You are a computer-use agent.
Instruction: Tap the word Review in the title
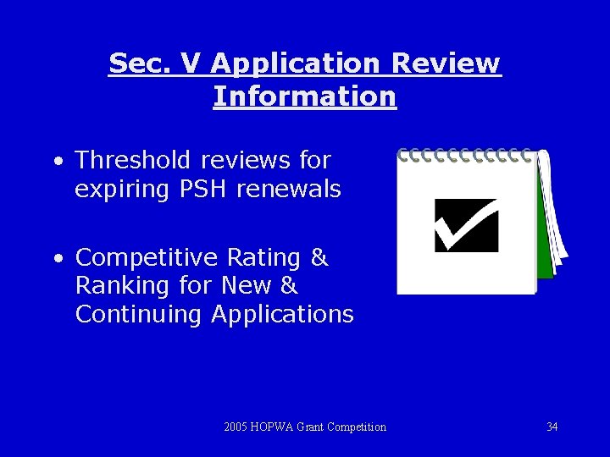point(446,63)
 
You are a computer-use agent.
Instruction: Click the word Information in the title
point(305,96)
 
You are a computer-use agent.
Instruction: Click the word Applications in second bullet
point(282,315)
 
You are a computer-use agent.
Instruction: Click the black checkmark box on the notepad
point(466,225)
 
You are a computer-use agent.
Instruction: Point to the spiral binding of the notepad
point(466,156)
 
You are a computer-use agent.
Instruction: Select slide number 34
point(552,427)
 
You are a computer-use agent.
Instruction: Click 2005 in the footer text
point(236,427)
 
